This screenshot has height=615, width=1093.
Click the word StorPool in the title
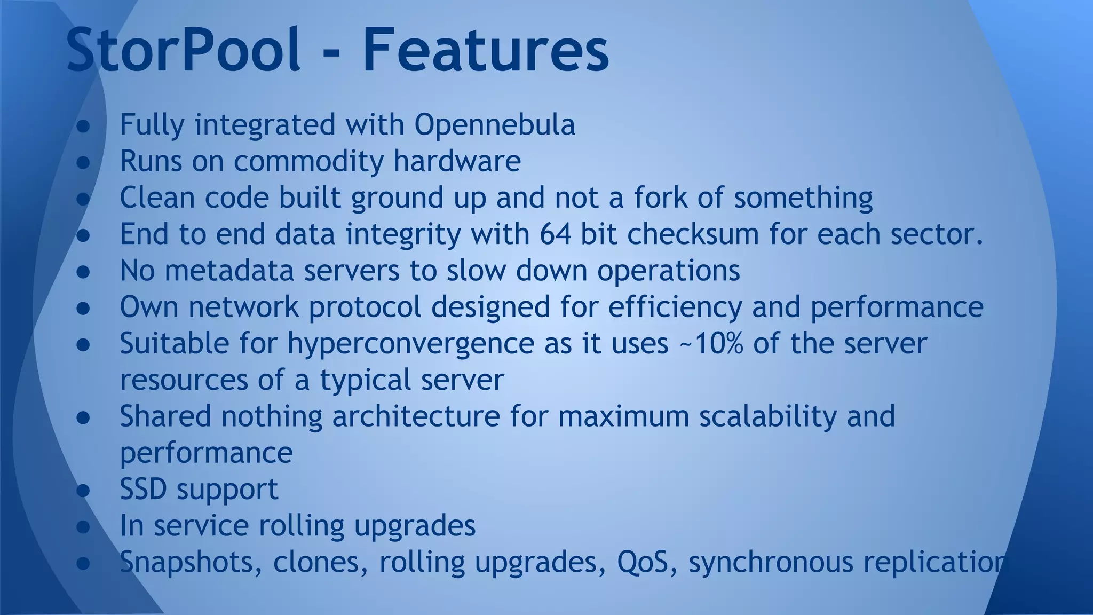tap(183, 51)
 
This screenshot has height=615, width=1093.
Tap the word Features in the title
tap(486, 51)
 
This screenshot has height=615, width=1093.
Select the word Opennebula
tap(495, 125)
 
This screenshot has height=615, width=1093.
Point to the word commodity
tap(308, 161)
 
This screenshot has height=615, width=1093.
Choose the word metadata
tap(229, 270)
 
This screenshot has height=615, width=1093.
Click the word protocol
tap(365, 307)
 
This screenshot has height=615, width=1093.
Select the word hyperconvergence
tap(410, 344)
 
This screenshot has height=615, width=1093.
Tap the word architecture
tap(416, 416)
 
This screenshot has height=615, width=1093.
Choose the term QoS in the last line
tap(643, 562)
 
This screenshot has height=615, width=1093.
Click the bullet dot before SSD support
tap(83, 490)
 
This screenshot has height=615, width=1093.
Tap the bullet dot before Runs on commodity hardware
tap(83, 162)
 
